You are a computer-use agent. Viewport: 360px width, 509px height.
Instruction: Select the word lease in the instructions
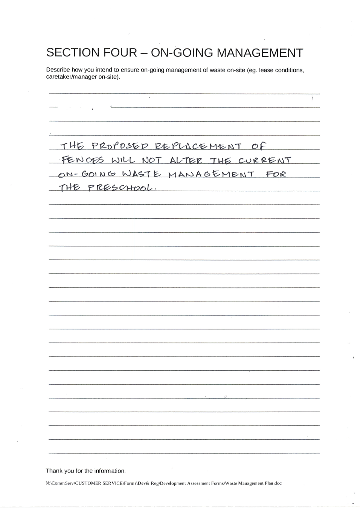pyautogui.click(x=266, y=70)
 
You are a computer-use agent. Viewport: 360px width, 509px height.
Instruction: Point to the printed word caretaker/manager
pyautogui.click(x=72, y=77)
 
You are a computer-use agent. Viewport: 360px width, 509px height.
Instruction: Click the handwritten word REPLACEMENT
pyautogui.click(x=198, y=146)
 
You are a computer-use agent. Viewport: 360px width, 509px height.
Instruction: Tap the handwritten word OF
pyautogui.click(x=259, y=146)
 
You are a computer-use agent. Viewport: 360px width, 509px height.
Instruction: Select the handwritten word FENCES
pyautogui.click(x=83, y=160)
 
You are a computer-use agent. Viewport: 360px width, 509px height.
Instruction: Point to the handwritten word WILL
pyautogui.click(x=123, y=160)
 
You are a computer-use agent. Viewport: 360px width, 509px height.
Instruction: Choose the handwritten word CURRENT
pyautogui.click(x=265, y=160)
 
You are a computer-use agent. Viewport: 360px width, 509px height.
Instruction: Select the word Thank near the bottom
pyautogui.click(x=54, y=471)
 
